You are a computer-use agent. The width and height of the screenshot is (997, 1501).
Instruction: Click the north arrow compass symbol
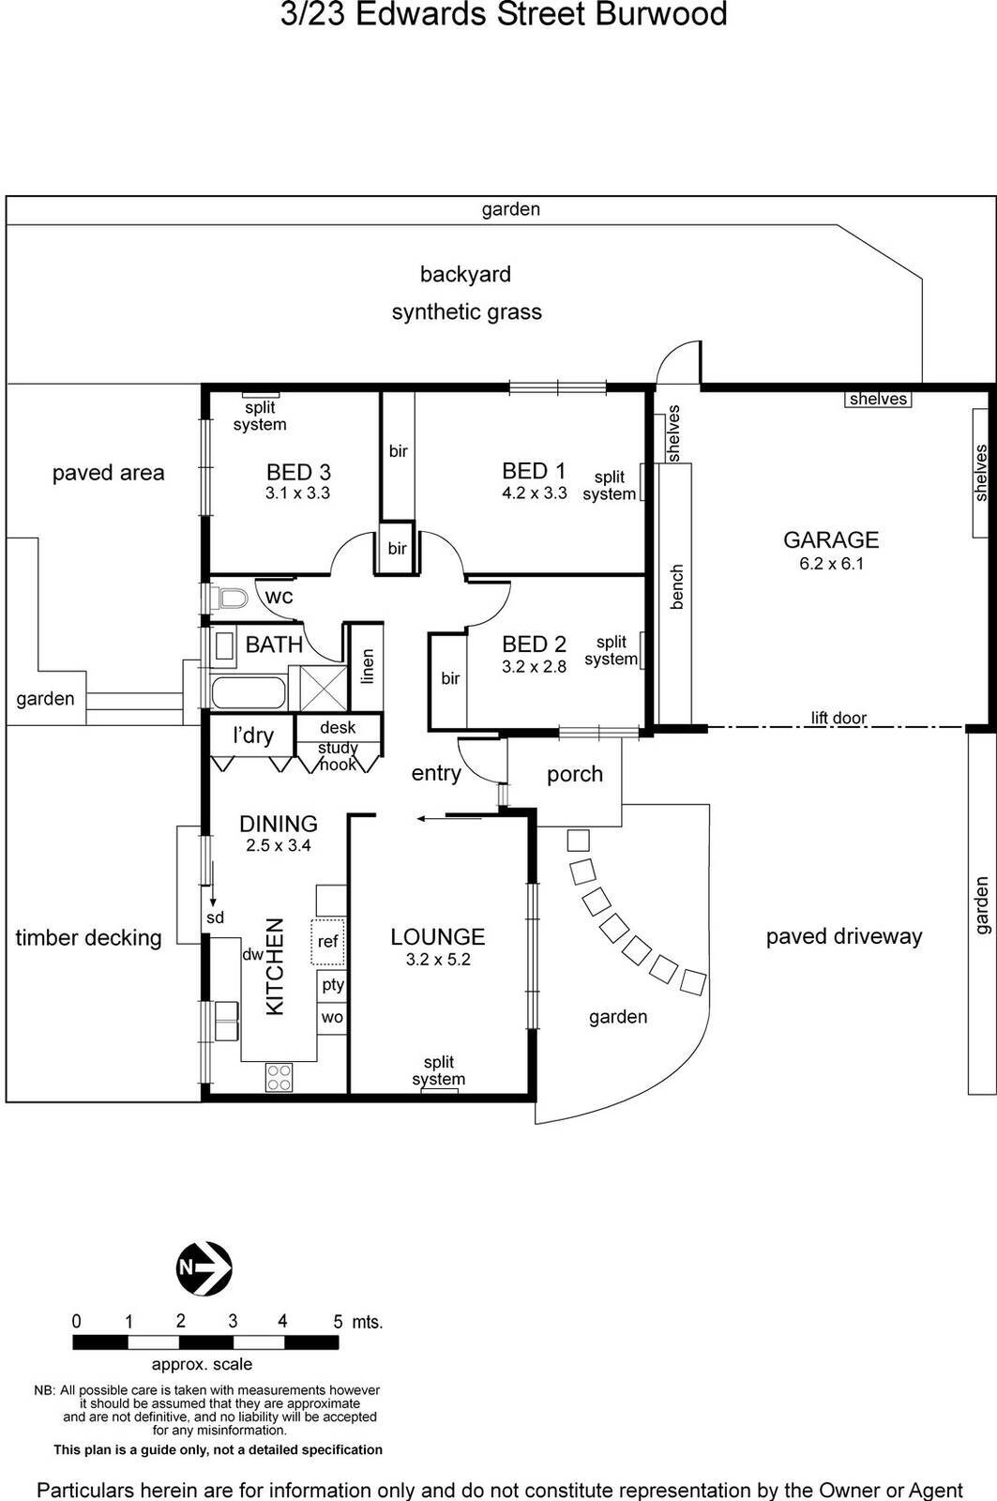coord(204,1268)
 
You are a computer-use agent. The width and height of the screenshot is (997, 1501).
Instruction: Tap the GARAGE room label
coord(831,539)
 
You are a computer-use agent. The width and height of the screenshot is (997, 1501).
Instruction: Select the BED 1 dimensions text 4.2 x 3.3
coord(535,493)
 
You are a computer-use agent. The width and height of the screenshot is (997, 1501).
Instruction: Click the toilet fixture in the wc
coord(230,598)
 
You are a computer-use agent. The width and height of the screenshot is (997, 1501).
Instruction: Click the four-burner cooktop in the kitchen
coord(279,1076)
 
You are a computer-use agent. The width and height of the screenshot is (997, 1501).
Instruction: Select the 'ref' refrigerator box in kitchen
coord(327,942)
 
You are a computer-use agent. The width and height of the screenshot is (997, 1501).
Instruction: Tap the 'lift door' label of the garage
coord(838,719)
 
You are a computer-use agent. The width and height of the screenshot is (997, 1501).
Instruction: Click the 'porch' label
coord(574,774)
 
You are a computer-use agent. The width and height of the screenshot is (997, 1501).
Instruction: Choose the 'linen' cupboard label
coord(368,666)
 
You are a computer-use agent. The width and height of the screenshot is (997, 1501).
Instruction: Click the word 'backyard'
coord(465,275)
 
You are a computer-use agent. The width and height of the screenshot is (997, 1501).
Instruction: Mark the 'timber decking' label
coord(88,937)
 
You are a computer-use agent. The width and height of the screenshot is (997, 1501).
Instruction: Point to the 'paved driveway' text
coord(843,936)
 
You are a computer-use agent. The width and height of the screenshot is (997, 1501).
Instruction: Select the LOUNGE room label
coord(437,936)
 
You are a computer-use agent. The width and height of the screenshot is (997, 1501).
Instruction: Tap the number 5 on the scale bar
coord(338,1321)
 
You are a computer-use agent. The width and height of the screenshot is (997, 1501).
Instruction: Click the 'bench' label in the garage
coord(677,587)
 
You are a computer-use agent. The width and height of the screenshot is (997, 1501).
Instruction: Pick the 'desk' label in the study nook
coord(338,727)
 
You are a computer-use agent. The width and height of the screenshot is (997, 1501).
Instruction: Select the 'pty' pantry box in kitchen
coord(333,985)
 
